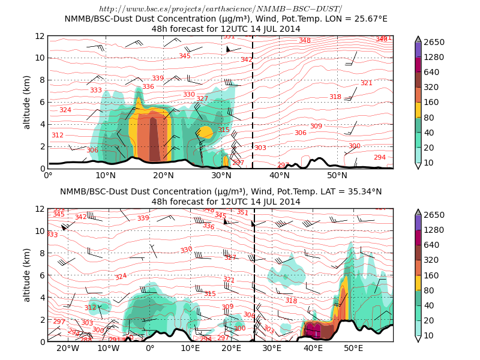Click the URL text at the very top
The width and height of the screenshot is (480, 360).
click(x=220, y=8)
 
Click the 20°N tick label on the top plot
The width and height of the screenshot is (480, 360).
click(x=163, y=176)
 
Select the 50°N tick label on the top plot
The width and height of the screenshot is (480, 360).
click(x=337, y=176)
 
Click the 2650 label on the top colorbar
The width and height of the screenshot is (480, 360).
click(x=434, y=42)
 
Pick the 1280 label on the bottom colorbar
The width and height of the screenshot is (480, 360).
click(x=434, y=230)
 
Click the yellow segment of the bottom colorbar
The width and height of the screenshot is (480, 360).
click(x=418, y=283)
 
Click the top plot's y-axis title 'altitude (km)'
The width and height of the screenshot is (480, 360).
click(x=27, y=102)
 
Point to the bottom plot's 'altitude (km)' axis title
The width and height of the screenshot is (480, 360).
click(x=27, y=275)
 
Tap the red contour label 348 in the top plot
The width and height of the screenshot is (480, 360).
click(x=305, y=41)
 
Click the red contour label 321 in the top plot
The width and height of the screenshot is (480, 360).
click(x=366, y=83)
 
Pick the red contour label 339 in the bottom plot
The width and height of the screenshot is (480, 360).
click(x=143, y=218)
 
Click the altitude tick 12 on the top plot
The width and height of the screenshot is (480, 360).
click(x=40, y=36)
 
